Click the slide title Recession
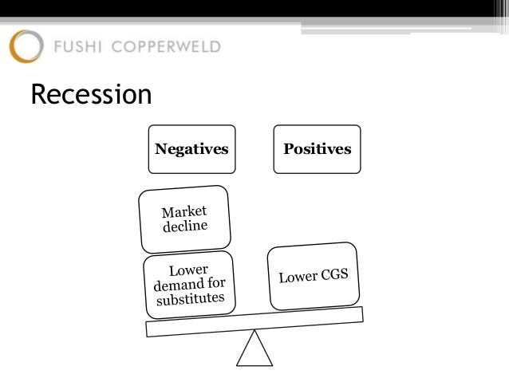(x=90, y=95)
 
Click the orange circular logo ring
(x=26, y=46)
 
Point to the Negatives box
(x=191, y=149)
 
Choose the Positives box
(x=317, y=149)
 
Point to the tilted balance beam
(x=254, y=321)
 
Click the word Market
(x=183, y=211)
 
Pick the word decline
(x=187, y=226)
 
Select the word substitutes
(x=196, y=301)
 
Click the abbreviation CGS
(x=335, y=274)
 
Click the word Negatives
(x=191, y=149)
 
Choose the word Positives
(x=317, y=149)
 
